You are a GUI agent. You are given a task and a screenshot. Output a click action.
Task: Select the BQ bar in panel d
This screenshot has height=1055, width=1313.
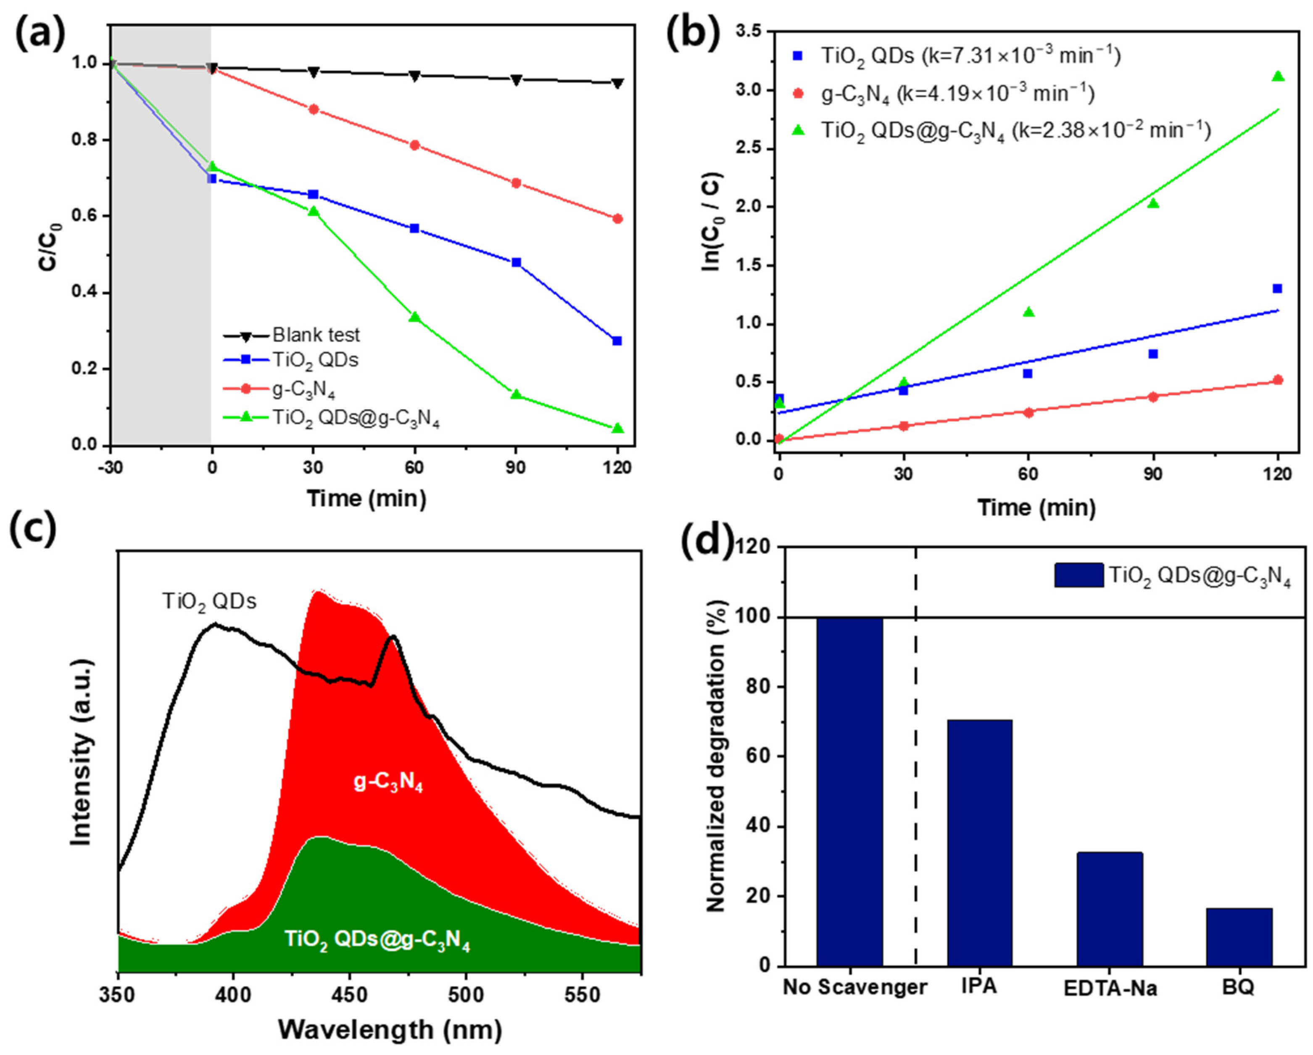point(1239,945)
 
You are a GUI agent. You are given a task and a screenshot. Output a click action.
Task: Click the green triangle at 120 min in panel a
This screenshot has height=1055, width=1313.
point(617,428)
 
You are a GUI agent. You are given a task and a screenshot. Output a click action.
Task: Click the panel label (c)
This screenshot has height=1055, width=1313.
point(34,527)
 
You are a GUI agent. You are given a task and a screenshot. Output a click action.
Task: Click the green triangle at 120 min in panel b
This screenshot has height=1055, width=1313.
point(1278,76)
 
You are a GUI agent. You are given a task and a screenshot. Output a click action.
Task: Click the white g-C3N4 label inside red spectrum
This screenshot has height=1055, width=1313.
point(388,782)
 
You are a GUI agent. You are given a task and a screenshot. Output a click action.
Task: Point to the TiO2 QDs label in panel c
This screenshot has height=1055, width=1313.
point(209,602)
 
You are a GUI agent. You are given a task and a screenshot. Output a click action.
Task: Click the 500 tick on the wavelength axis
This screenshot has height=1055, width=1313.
point(466,996)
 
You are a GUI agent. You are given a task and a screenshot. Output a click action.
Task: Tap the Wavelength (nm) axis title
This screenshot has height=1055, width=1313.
point(390,1030)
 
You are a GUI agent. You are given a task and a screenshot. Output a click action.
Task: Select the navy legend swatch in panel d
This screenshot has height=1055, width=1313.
point(1078,575)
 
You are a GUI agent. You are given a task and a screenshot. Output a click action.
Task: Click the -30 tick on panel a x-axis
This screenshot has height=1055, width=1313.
point(110,468)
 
